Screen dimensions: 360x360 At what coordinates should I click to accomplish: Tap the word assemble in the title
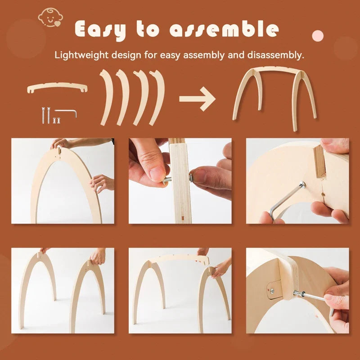[224, 29]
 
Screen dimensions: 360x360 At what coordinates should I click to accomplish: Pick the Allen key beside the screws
[67, 112]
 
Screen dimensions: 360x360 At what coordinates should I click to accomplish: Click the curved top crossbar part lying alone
[57, 87]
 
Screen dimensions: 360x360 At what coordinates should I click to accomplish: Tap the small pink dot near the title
[318, 35]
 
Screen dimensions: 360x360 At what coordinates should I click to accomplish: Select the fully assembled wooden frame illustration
[274, 97]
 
